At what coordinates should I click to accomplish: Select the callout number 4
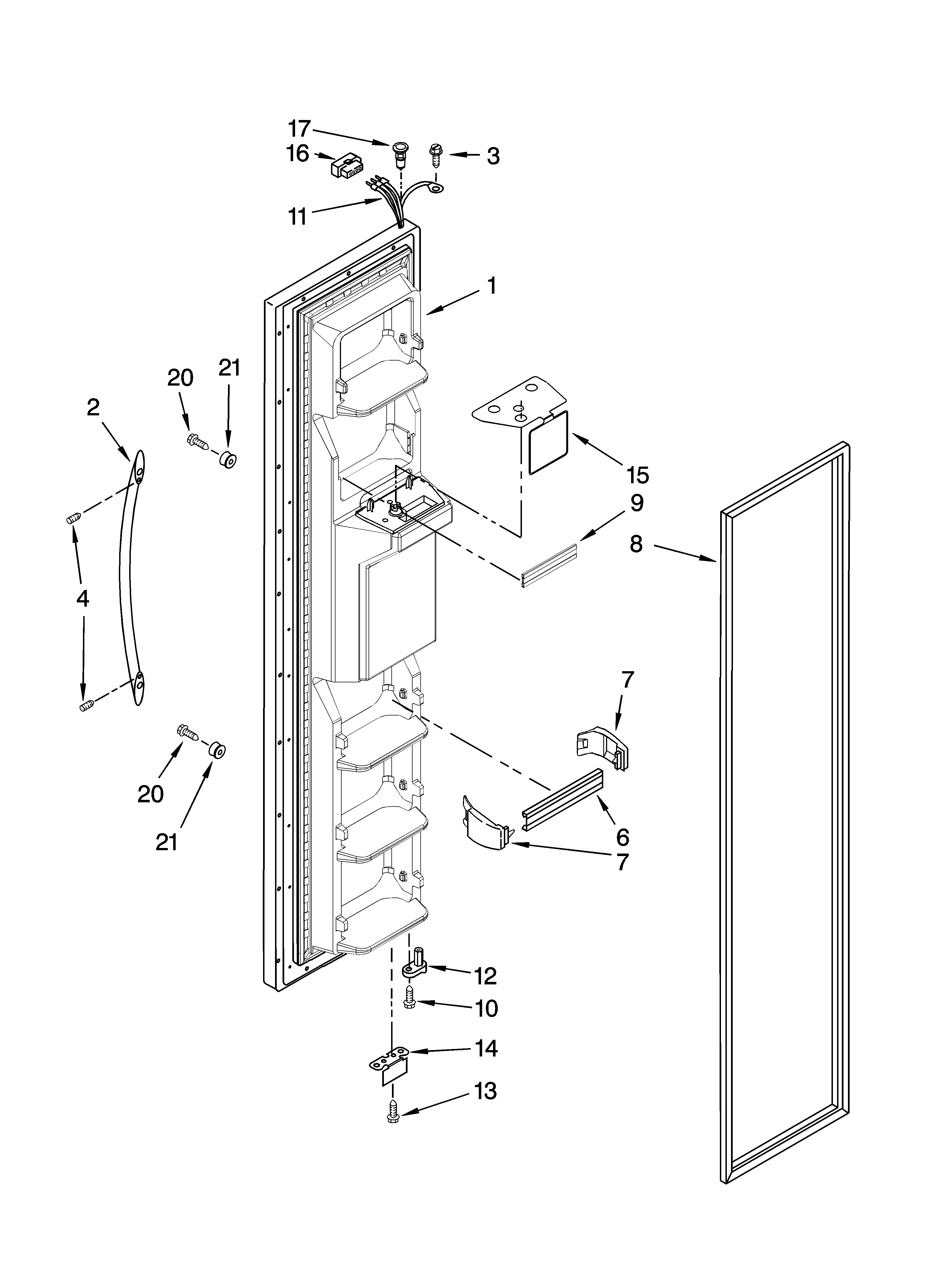click(x=83, y=599)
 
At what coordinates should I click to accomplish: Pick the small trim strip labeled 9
click(x=548, y=563)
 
